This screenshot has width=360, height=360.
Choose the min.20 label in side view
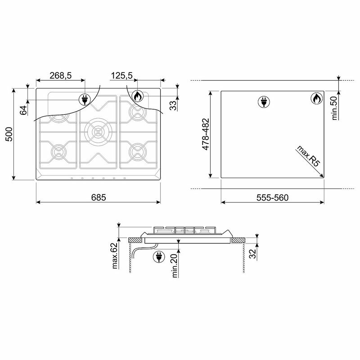pyautogui.click(x=175, y=264)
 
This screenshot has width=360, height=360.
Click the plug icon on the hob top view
pyautogui.click(x=84, y=99)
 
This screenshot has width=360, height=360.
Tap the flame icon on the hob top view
pyautogui.click(x=138, y=96)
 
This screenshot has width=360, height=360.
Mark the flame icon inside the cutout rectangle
pyautogui.click(x=316, y=99)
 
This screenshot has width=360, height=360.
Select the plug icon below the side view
pyautogui.click(x=158, y=257)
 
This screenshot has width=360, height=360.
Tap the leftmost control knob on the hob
pyautogui.click(x=71, y=179)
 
